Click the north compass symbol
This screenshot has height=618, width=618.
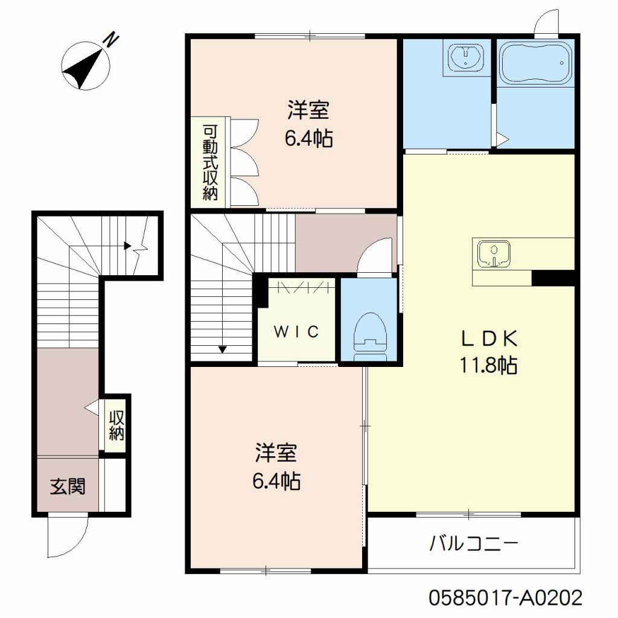(86, 65)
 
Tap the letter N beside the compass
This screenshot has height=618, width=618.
(112, 40)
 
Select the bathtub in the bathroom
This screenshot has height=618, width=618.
(535, 63)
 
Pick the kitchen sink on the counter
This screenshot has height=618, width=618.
(494, 253)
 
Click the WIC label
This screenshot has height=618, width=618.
(296, 332)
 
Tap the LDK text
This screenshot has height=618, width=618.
(489, 339)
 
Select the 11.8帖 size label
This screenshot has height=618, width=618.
(489, 365)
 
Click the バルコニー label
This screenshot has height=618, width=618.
(473, 544)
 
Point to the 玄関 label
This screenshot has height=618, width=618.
(68, 486)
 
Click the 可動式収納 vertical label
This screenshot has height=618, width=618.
(210, 162)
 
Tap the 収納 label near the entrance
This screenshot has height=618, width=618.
(116, 425)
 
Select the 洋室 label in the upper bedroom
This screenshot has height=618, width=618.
(308, 110)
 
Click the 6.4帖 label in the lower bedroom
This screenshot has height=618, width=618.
(276, 481)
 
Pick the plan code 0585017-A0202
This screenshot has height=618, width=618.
(505, 598)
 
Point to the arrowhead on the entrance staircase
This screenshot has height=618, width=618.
(127, 246)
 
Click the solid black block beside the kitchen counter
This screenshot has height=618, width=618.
(553, 278)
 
